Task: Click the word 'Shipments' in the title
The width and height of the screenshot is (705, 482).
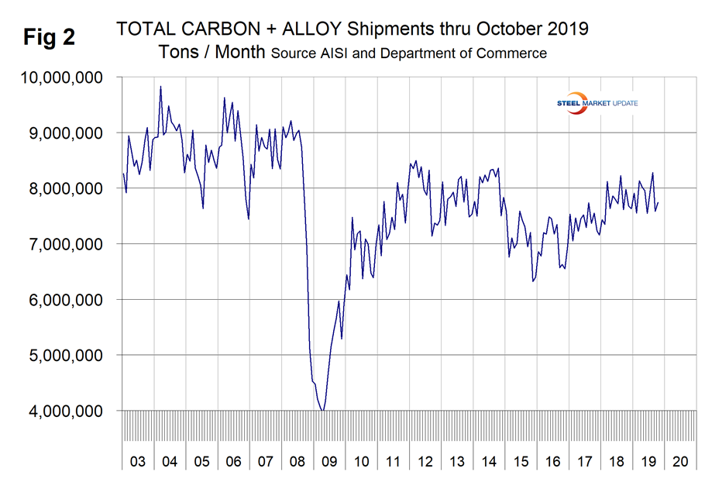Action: [387, 29]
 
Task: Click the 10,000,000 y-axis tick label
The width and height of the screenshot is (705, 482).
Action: [60, 77]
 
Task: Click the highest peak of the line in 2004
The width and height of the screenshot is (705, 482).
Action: [160, 86]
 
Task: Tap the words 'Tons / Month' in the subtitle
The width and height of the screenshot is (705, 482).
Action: [211, 53]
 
